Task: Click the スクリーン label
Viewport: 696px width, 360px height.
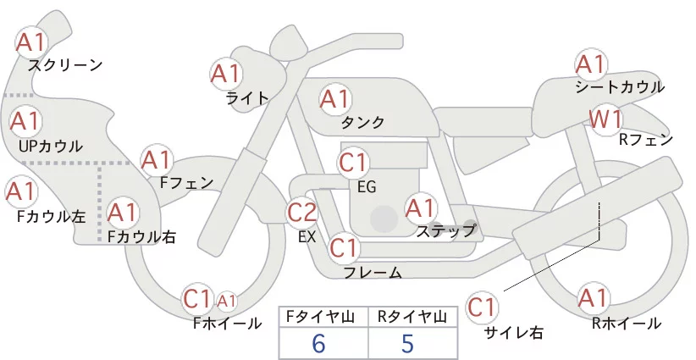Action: [65, 64]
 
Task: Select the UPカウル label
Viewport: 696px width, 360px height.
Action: [50, 146]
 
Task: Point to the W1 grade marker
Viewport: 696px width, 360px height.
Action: [606, 119]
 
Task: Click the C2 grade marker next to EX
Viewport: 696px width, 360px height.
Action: [302, 212]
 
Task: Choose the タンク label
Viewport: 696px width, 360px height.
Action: [362, 123]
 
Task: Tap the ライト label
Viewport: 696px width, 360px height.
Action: [247, 97]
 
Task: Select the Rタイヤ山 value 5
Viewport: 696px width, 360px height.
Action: [409, 343]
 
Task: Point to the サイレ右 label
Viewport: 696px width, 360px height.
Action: [514, 331]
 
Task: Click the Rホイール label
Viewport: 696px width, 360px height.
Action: [627, 323]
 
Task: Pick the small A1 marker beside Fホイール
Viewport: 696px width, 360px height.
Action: [226, 300]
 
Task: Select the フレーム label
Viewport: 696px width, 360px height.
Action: [373, 272]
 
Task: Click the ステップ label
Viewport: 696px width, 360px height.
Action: [445, 230]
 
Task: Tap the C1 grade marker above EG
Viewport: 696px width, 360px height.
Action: [354, 163]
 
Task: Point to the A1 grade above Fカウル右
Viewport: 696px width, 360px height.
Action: [122, 211]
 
